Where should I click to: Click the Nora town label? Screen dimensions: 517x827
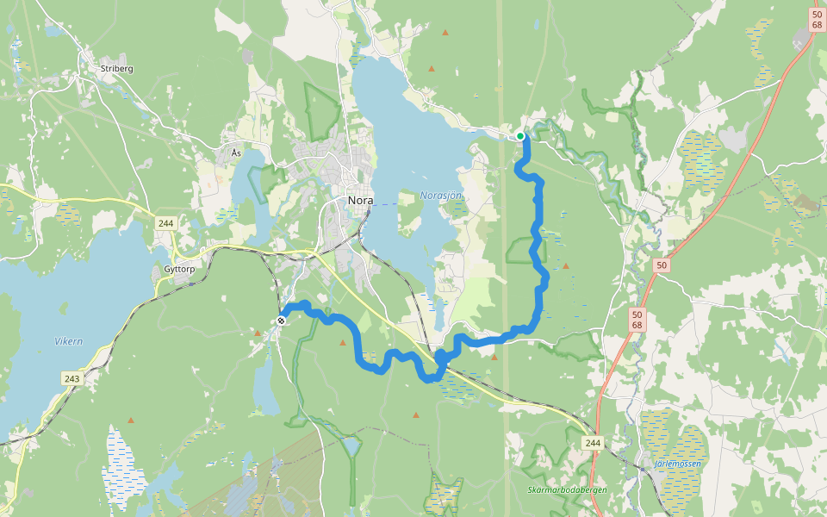pyautogui.click(x=360, y=200)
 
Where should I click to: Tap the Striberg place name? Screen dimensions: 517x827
pyautogui.click(x=116, y=69)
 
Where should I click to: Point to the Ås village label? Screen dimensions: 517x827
pyautogui.click(x=237, y=153)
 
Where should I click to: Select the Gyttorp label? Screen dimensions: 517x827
pyautogui.click(x=179, y=269)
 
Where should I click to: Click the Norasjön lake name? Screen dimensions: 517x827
pyautogui.click(x=442, y=196)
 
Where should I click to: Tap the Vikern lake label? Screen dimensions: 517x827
pyautogui.click(x=69, y=341)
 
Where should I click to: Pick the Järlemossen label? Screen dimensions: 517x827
pyautogui.click(x=678, y=464)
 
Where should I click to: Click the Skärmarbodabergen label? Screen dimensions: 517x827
pyautogui.click(x=568, y=489)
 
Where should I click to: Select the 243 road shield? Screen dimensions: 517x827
pyautogui.click(x=72, y=378)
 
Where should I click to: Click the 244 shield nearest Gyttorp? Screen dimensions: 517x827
pyautogui.click(x=165, y=223)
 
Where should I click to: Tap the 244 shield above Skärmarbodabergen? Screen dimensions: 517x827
pyautogui.click(x=593, y=443)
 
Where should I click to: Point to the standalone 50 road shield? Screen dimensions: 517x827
pyautogui.click(x=662, y=265)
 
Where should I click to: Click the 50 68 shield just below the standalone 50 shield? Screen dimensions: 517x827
pyautogui.click(x=637, y=319)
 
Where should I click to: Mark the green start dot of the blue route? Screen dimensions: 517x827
pyautogui.click(x=520, y=136)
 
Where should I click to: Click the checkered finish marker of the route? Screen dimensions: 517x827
pyautogui.click(x=281, y=321)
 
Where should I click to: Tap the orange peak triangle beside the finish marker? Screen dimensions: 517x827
pyautogui.click(x=258, y=331)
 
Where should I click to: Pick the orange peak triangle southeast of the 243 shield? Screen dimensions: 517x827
pyautogui.click(x=131, y=420)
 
